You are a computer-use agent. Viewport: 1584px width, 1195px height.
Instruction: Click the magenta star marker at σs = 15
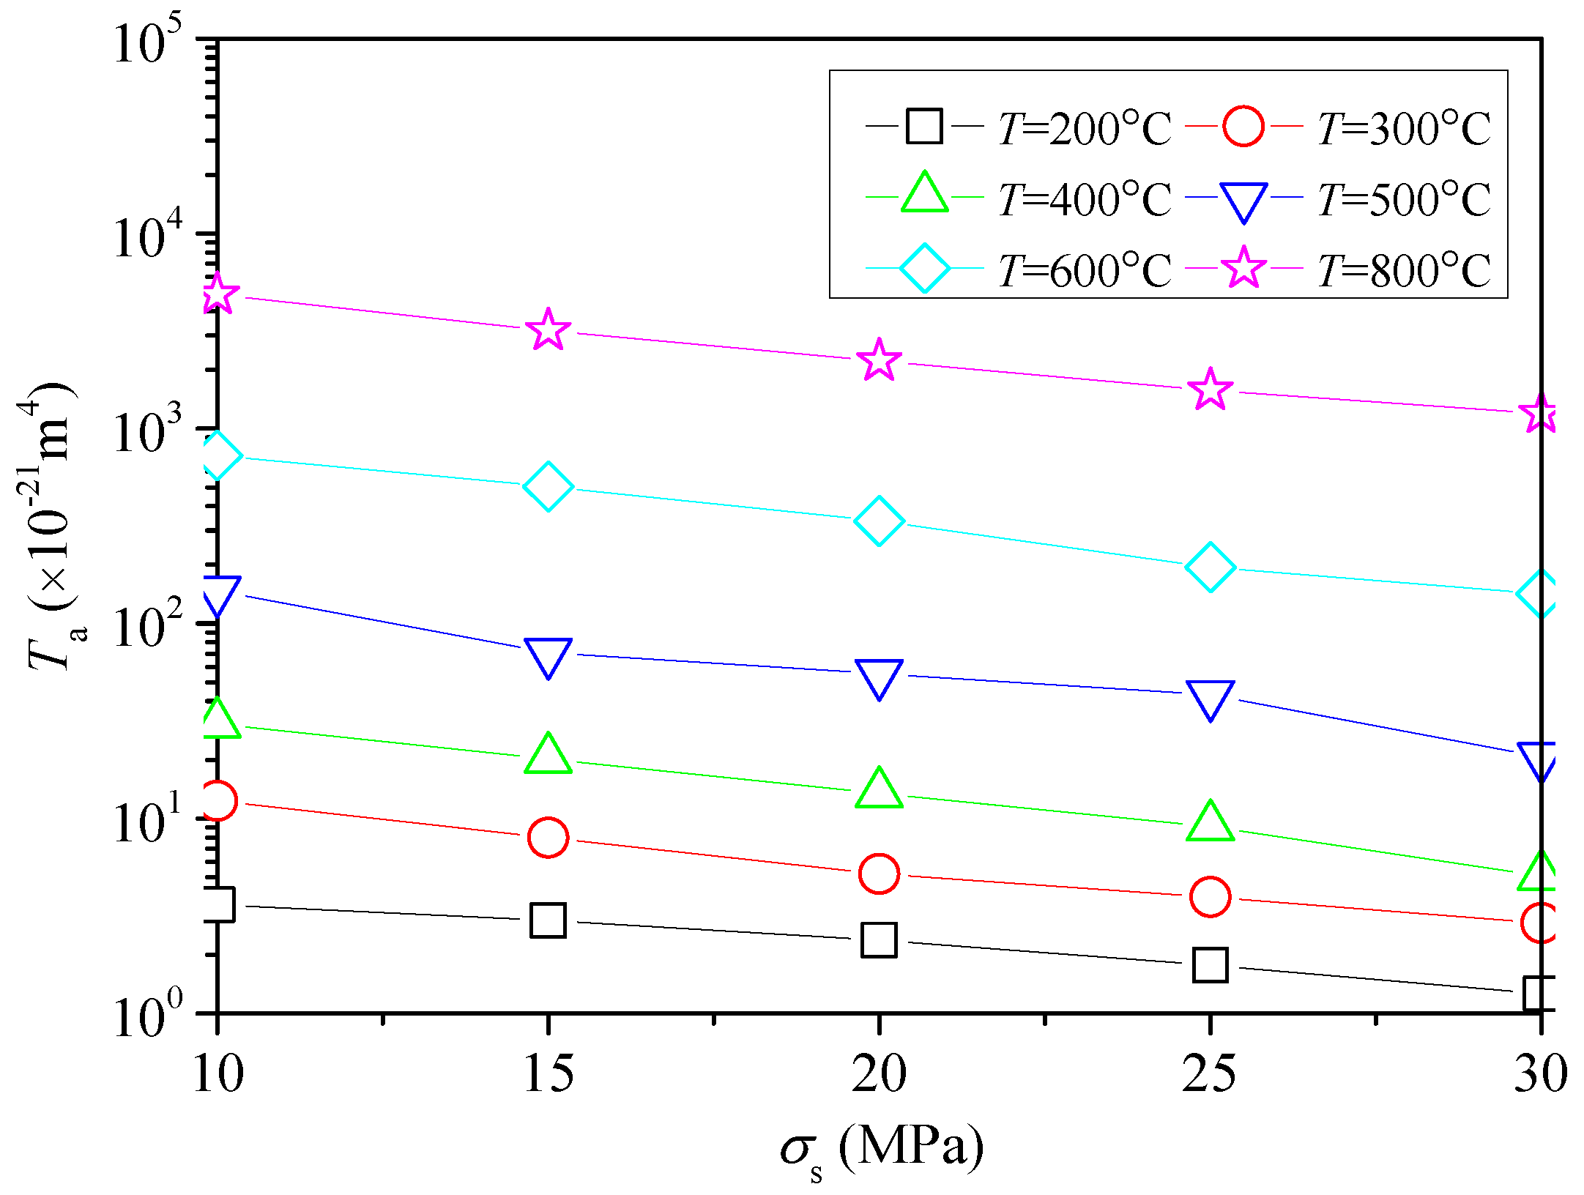548,331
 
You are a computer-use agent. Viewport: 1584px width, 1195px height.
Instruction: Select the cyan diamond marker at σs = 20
879,521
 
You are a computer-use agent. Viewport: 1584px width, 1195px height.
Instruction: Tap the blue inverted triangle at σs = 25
1210,697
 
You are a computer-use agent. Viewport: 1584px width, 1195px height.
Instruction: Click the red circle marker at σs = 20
879,874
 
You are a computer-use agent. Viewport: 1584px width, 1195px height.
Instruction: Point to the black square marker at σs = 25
1210,965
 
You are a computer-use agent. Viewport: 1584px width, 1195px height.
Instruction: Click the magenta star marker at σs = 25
1210,390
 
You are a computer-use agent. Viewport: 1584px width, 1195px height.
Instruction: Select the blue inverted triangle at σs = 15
548,655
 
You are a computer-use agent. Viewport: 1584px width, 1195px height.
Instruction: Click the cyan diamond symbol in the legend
924,269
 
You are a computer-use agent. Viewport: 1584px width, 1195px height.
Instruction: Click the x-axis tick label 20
879,1074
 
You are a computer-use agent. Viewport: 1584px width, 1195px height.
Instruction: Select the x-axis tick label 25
1210,1074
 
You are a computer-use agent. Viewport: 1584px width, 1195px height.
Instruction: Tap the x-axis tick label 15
548,1074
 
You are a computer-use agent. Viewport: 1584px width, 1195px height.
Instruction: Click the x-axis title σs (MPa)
882,1148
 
